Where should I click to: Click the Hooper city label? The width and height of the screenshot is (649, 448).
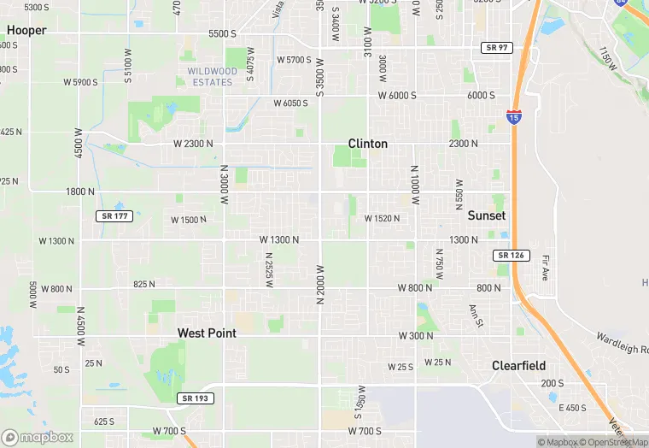pyautogui.click(x=26, y=30)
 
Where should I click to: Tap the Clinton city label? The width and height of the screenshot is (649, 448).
pyautogui.click(x=368, y=144)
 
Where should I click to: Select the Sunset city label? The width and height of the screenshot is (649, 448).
pyautogui.click(x=487, y=215)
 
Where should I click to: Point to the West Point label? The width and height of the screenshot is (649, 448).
pyautogui.click(x=207, y=333)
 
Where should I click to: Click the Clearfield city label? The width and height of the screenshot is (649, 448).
pyautogui.click(x=518, y=365)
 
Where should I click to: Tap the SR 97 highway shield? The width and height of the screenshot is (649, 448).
pyautogui.click(x=496, y=48)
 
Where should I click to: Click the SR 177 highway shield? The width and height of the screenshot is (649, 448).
pyautogui.click(x=114, y=216)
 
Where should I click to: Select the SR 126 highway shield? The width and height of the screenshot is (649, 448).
pyautogui.click(x=512, y=256)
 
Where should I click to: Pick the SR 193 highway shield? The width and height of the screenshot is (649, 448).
pyautogui.click(x=196, y=398)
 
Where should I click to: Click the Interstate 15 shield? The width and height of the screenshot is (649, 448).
pyautogui.click(x=513, y=116)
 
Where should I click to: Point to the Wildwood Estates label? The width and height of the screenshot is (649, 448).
pyautogui.click(x=213, y=77)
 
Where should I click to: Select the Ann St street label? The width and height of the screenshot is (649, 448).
pyautogui.click(x=476, y=316)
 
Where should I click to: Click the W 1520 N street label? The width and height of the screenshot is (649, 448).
pyautogui.click(x=382, y=219)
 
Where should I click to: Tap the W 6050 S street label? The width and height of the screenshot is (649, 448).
pyautogui.click(x=290, y=103)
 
